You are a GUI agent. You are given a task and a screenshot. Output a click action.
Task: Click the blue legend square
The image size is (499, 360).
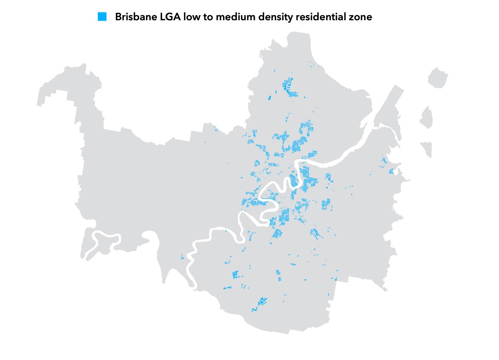(102, 17)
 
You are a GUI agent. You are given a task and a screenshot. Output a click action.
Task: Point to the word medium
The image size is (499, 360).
(235, 17)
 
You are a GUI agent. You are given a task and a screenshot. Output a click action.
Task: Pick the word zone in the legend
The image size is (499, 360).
(361, 18)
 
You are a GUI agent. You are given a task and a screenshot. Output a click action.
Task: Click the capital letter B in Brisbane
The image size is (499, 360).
(118, 17)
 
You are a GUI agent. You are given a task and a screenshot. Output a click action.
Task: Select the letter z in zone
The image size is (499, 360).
(352, 18)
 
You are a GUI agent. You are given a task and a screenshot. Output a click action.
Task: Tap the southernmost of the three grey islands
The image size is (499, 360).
(427, 148)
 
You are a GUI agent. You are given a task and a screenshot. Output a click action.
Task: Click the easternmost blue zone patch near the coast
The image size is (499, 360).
(391, 171)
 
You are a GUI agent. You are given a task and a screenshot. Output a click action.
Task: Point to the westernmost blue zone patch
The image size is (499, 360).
(182, 257)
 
